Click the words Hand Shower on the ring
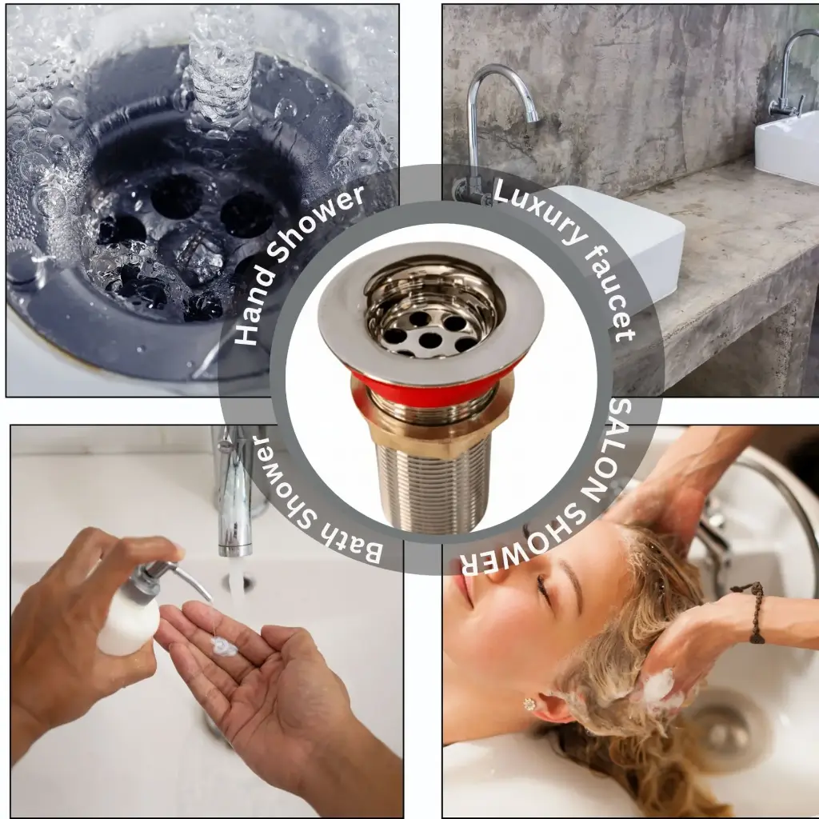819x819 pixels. pyautogui.click(x=300, y=264)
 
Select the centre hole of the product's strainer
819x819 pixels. pyautogui.click(x=430, y=340)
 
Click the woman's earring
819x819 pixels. pyautogui.click(x=529, y=704)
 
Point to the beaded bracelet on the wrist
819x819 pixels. pyautogui.click(x=755, y=612)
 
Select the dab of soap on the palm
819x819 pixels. pyautogui.click(x=224, y=646)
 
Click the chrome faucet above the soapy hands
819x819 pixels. pyautogui.click(x=234, y=496)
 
